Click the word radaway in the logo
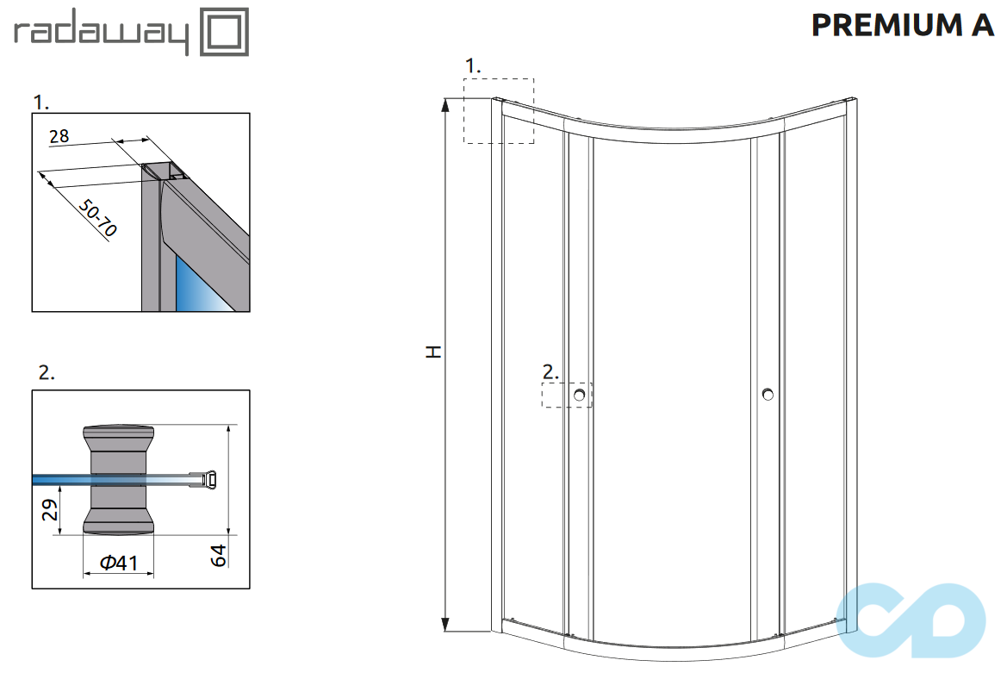point(101,34)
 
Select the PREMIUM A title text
point(903,26)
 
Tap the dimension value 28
point(59,135)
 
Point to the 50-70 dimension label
point(97,218)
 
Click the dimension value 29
point(51,510)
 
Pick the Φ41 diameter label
point(119,563)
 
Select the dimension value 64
point(220,555)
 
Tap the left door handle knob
point(581,396)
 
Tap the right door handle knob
point(768,395)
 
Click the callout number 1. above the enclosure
point(473,65)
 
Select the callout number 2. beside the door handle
point(550,372)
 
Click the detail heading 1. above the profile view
point(41,103)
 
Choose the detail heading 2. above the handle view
point(47,372)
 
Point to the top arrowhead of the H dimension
point(446,105)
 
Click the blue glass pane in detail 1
point(195,284)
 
